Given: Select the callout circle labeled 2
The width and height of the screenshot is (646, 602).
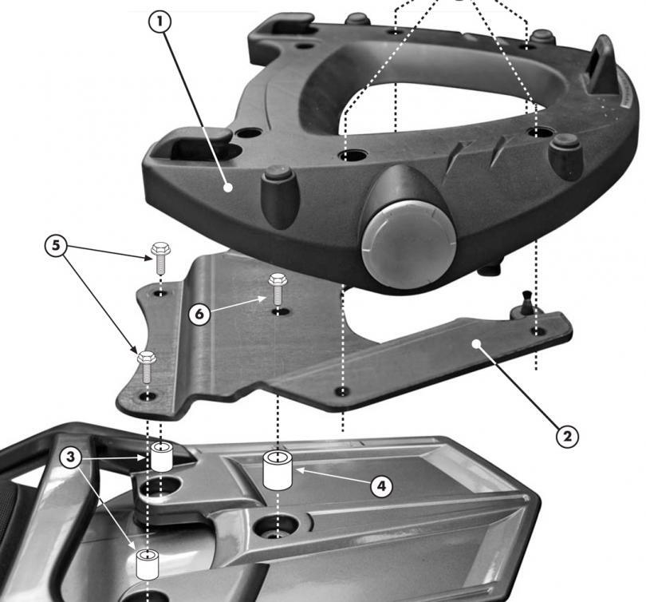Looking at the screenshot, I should pyautogui.click(x=565, y=436).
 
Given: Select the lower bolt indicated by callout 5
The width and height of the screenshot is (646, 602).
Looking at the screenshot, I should pyautogui.click(x=148, y=366).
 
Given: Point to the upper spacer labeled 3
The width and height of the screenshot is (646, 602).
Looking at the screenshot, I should pyautogui.click(x=162, y=457).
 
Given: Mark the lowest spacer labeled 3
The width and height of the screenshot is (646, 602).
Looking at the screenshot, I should pyautogui.click(x=148, y=564).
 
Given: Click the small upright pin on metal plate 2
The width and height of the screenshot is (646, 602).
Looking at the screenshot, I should pyautogui.click(x=525, y=305).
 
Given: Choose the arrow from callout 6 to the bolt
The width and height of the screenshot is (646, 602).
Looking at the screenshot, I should pyautogui.click(x=239, y=304).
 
